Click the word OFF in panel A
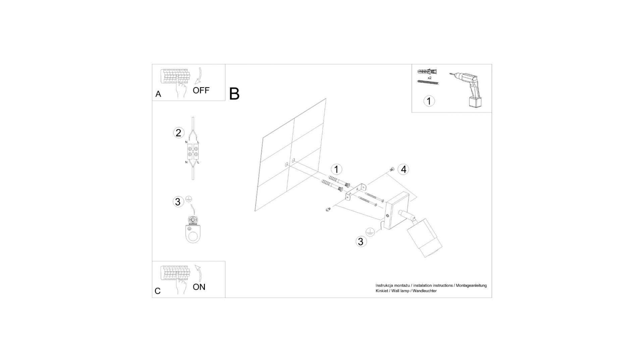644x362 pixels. tap(201, 90)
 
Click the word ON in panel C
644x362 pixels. tap(199, 287)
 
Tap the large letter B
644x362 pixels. tap(234, 94)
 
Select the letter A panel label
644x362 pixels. tap(158, 94)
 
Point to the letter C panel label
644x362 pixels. tap(158, 291)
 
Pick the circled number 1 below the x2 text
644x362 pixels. tap(429, 101)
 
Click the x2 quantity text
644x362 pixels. tap(429, 77)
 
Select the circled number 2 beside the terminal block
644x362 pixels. tap(178, 133)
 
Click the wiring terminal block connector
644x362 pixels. tap(193, 152)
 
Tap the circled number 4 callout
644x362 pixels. tap(403, 169)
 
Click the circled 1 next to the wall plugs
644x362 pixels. tap(336, 169)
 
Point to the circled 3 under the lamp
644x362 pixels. tap(361, 242)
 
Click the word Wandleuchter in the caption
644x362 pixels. tap(425, 291)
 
